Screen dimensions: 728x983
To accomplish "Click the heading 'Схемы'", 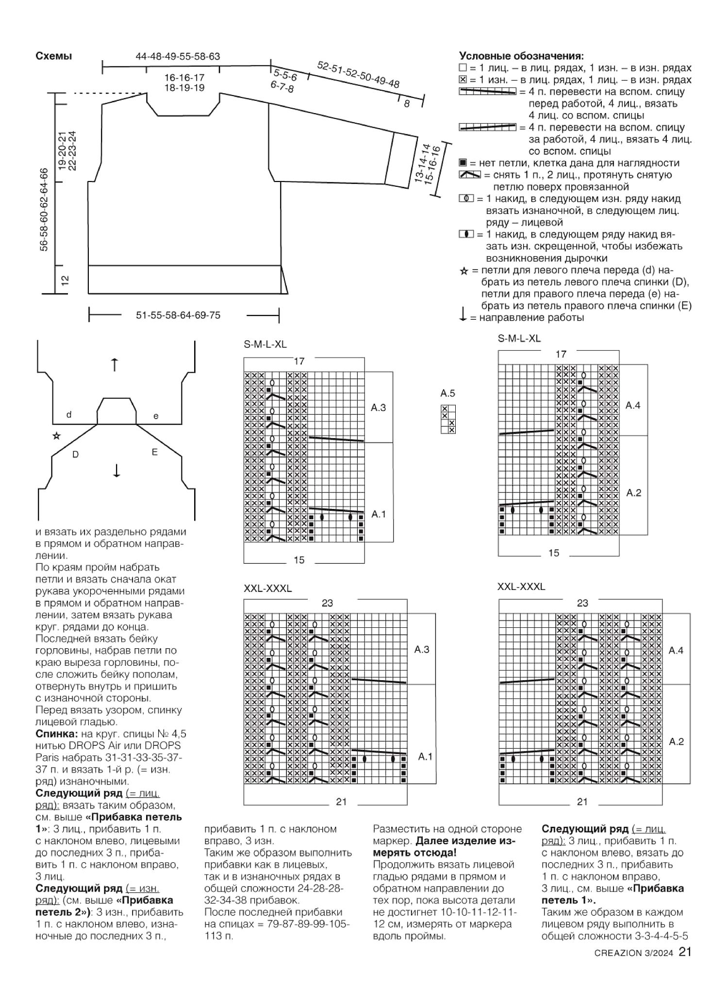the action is coord(54,56).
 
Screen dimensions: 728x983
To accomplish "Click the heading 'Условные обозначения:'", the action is coord(521,56).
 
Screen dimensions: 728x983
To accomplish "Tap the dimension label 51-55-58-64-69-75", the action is coord(178,315).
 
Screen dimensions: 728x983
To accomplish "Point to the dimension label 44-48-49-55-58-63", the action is coord(178,57).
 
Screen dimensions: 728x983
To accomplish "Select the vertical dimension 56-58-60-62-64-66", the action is coord(44,209).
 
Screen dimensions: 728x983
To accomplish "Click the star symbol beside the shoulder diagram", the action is coord(57,436).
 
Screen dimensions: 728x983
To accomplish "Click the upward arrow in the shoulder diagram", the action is coord(115,364).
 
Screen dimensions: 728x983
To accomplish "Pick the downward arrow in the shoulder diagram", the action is coord(116,470).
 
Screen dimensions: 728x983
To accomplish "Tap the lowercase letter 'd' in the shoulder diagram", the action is coord(69,415).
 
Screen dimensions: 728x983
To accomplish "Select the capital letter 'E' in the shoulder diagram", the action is coord(155,452).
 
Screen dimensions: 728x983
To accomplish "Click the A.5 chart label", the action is coord(448,393).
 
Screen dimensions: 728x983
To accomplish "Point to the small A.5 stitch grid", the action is coord(448,419).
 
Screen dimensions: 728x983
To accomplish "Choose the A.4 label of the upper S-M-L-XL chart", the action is coord(633,406).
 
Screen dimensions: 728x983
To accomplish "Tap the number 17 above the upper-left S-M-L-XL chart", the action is coord(299,361).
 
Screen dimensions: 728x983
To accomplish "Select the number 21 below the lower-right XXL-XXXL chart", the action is coord(583,802).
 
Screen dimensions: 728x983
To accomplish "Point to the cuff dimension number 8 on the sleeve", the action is coord(407,103).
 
